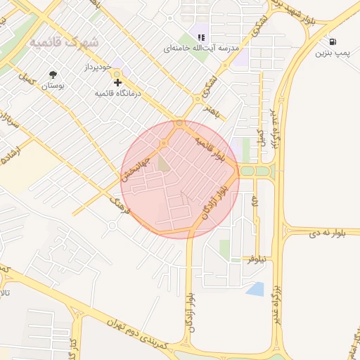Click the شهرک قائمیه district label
(x=65, y=43)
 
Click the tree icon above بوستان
(x=53, y=75)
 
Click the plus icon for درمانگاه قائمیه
(x=117, y=82)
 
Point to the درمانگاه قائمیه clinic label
(x=117, y=93)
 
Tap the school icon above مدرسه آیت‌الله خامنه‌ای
(x=201, y=37)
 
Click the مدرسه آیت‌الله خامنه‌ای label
(x=201, y=49)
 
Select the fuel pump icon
(x=331, y=41)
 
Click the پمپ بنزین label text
(x=331, y=53)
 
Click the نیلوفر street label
(x=257, y=259)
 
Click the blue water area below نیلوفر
(x=256, y=288)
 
